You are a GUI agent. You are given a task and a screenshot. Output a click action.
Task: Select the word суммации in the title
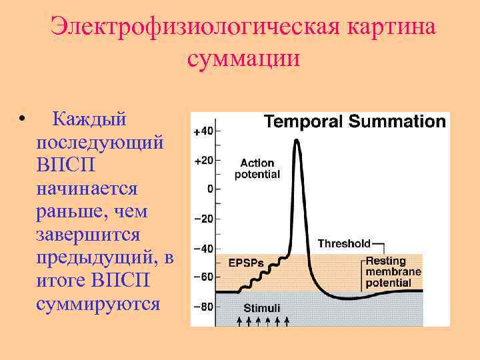[244, 59]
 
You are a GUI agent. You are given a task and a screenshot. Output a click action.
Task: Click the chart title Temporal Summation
[355, 121]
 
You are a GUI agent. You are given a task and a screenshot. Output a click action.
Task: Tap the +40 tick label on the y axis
[203, 131]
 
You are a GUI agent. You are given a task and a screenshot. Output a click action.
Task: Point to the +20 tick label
[203, 161]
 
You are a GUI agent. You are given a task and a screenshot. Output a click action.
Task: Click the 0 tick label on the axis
[209, 189]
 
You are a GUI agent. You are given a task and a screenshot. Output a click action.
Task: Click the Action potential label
[257, 169]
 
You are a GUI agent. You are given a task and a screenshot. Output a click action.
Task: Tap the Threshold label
[343, 243]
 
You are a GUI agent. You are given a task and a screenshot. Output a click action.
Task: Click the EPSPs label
[246, 262]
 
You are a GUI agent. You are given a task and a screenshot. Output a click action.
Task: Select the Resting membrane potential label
[393, 272]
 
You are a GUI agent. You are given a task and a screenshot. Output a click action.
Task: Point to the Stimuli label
[261, 308]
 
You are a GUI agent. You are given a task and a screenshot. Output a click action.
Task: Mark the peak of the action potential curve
[297, 141]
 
